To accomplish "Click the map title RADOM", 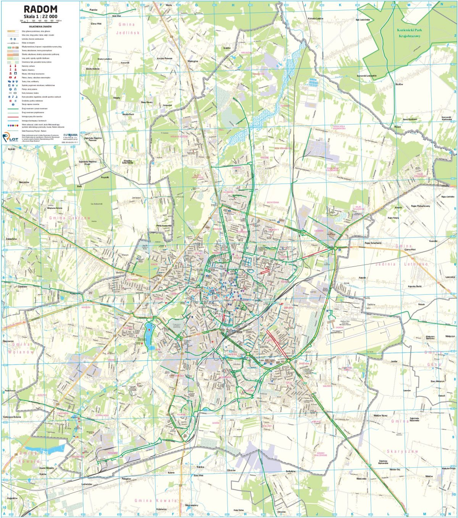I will click(40, 9).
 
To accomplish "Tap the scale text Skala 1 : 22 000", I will click(40, 16).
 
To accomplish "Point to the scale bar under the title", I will click(40, 21).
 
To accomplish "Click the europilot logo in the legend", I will click(71, 135).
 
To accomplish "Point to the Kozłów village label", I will click(400, 84).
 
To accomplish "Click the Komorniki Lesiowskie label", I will click(366, 76).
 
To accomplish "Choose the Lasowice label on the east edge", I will click(450, 277).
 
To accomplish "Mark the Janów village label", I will click(394, 361).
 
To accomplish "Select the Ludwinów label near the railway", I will click(87, 484).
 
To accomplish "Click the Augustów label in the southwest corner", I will click(12, 498).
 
